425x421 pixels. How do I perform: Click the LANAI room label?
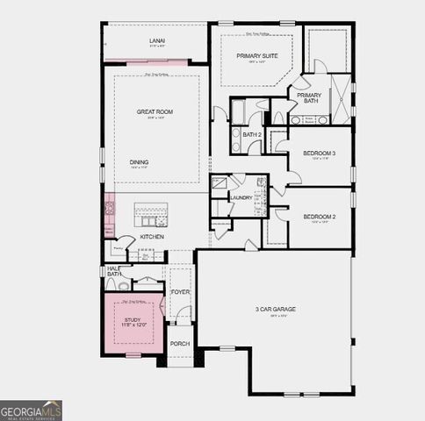(x=158, y=40)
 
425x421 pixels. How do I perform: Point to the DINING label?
(x=139, y=162)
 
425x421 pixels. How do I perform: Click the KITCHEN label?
(x=153, y=237)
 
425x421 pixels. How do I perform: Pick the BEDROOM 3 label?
(x=320, y=153)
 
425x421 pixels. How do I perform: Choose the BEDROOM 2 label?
(x=320, y=217)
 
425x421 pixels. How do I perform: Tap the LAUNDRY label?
(x=241, y=197)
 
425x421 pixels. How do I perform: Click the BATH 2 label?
(x=253, y=134)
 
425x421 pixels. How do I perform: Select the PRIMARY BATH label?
(x=309, y=98)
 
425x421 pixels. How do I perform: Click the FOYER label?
(x=180, y=292)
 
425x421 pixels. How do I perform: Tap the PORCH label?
(x=180, y=344)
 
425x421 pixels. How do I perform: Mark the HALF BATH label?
(x=114, y=271)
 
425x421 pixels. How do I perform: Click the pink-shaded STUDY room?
(x=134, y=325)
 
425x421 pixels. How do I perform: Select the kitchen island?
(x=150, y=214)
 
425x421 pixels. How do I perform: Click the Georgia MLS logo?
(x=31, y=410)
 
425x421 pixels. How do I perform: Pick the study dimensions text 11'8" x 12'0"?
(x=134, y=326)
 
